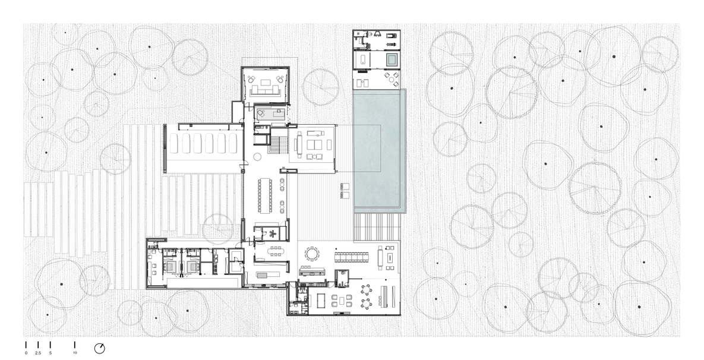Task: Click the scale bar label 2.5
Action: coord(38,353)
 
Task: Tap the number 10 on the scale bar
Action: coord(74,353)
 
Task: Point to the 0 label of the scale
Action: coord(26,353)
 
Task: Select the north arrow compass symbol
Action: coord(100,348)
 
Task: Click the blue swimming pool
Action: coord(380,150)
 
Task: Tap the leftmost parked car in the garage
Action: coord(173,143)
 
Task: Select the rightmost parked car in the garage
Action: coord(233,143)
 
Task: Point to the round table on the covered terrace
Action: coord(311,254)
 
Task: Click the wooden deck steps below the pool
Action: coord(376,227)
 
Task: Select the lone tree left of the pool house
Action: coord(321,87)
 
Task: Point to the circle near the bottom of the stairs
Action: coord(257,157)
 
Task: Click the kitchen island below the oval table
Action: coord(268,274)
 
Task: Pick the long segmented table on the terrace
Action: coord(351,257)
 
